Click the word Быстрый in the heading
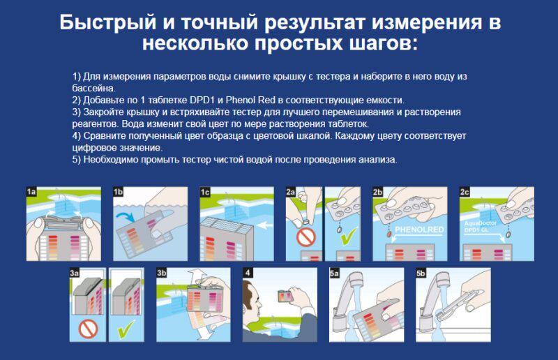pyautogui.click(x=108, y=22)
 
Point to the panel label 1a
pyautogui.click(x=31, y=192)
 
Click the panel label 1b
pyautogui.click(x=118, y=192)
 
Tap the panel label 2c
pyautogui.click(x=465, y=192)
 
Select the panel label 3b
pyautogui.click(x=162, y=272)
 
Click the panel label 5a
pyautogui.click(x=334, y=273)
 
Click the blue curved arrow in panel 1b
pyautogui.click(x=125, y=216)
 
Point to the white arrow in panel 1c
pyautogui.click(x=263, y=225)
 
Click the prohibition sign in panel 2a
pyautogui.click(x=306, y=237)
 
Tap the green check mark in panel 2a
pyautogui.click(x=349, y=236)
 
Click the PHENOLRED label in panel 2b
pyautogui.click(x=419, y=230)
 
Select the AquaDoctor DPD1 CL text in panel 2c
pyautogui.click(x=480, y=227)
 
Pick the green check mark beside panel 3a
pyautogui.click(x=126, y=329)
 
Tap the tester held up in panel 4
pyautogui.click(x=285, y=296)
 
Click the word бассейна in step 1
pyautogui.click(x=93, y=88)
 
